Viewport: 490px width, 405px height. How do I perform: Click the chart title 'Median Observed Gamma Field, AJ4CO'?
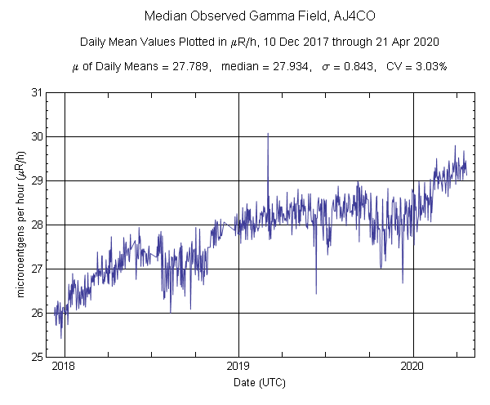[244, 16]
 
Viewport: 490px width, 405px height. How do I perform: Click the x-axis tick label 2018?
[64, 367]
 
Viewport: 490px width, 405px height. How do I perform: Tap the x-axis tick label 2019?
[238, 367]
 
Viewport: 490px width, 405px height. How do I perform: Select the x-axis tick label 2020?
[413, 367]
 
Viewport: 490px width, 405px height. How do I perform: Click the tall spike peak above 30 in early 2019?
[268, 133]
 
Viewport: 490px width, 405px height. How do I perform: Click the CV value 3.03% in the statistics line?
[430, 67]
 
